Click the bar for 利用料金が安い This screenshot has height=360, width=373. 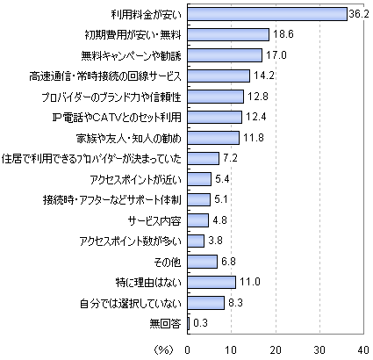268,14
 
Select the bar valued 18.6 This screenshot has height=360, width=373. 228,34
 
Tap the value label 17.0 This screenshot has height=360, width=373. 276,55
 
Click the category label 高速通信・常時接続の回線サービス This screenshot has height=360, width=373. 105,76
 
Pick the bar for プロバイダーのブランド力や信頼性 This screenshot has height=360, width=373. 216,97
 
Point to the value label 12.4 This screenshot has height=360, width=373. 256,117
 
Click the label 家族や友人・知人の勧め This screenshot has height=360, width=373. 129,138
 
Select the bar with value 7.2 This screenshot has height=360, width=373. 204,158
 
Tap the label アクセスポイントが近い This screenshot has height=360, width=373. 136,179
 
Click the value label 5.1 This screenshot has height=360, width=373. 221,199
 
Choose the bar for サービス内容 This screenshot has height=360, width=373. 198,220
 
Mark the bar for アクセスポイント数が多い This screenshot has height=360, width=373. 196,241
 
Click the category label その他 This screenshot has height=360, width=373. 168,262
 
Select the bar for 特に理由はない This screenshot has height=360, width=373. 212,282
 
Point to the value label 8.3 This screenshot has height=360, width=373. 235,302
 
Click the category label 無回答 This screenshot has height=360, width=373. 166,324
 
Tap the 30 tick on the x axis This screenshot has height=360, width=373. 319,349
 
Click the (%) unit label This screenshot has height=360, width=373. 163,349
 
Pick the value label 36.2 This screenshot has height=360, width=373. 359,14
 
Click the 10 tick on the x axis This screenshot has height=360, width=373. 231,349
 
